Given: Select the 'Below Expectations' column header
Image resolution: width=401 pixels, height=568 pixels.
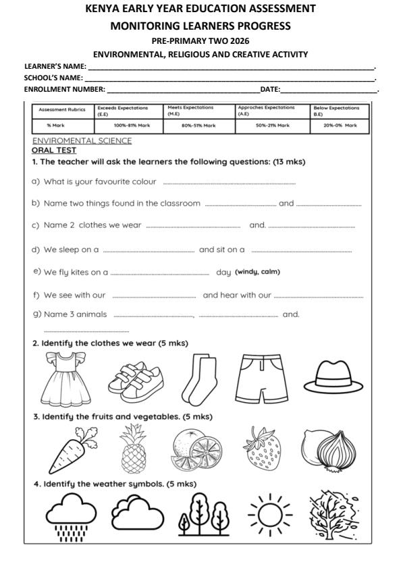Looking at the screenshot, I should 336,111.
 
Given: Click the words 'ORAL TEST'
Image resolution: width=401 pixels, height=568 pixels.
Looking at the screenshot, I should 54,150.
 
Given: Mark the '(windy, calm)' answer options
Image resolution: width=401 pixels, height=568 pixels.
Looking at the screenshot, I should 257,272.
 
